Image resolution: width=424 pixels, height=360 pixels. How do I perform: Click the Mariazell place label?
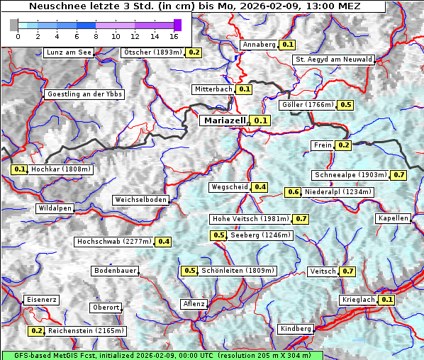click(x=224, y=120)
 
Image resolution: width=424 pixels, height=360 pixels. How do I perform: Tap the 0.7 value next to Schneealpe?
click(x=399, y=175)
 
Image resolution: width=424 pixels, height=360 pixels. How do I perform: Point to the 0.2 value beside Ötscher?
click(x=194, y=52)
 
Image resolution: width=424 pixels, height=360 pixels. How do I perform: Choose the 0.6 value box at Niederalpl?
click(x=294, y=192)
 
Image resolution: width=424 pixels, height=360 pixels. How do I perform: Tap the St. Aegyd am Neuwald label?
click(x=333, y=60)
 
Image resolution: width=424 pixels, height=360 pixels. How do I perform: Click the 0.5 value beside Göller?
click(x=345, y=105)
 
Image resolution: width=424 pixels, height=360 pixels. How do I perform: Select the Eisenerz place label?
click(x=41, y=300)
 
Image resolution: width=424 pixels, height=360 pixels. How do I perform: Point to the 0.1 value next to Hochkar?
click(x=19, y=169)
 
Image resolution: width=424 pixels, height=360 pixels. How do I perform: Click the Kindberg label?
click(x=296, y=329)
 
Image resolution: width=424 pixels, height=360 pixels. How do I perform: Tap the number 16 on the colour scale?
click(x=173, y=36)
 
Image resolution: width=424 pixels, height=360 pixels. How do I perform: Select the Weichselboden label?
click(x=141, y=200)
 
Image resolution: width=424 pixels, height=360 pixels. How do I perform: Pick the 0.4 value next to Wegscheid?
click(x=260, y=187)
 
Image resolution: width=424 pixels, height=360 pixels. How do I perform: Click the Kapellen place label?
click(x=394, y=218)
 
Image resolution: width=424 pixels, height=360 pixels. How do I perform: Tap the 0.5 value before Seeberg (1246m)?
click(x=219, y=235)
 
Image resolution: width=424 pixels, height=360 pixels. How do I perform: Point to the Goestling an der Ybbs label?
click(x=84, y=94)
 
